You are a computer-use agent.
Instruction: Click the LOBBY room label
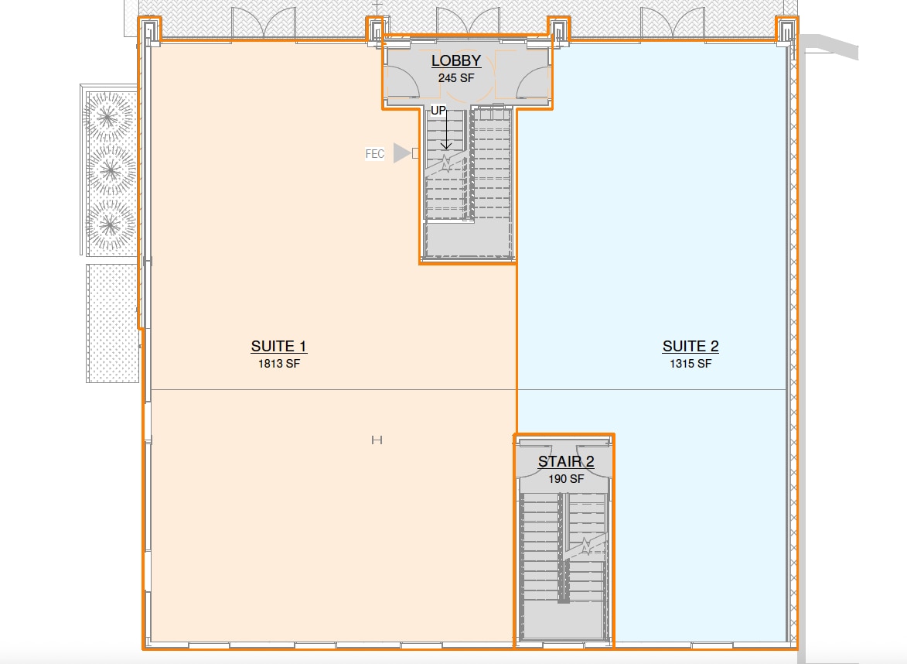[456, 60]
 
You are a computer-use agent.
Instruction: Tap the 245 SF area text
[456, 77]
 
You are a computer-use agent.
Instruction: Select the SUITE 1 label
[278, 346]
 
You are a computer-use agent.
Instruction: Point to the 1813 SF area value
[278, 363]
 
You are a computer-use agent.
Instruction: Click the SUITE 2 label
[690, 346]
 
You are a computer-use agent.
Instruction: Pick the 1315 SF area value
[690, 363]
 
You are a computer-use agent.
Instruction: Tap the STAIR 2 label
[566, 462]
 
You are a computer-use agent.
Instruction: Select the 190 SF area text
[566, 479]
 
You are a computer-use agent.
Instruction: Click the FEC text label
[375, 154]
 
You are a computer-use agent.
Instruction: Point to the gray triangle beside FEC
[401, 153]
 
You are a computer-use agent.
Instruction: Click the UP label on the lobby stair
[438, 111]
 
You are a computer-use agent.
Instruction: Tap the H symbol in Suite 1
[377, 440]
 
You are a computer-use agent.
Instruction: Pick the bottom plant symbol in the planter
[110, 223]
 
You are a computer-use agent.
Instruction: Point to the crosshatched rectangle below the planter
[112, 323]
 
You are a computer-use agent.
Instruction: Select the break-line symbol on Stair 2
[587, 546]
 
